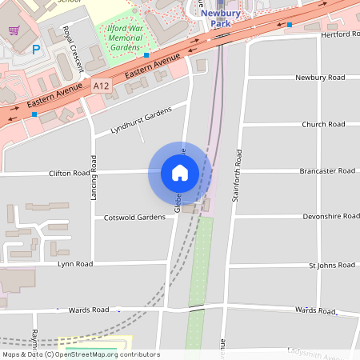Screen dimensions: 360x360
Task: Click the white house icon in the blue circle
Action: pos(180,173)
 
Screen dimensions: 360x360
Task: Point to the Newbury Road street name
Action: pos(320,78)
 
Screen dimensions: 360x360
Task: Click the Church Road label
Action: pos(323,124)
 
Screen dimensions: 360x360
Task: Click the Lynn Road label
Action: pos(75,263)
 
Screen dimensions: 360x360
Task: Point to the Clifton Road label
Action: pos(70,173)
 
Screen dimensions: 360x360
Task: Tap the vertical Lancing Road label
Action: pos(94,175)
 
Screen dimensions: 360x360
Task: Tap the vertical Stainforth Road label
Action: pos(237,175)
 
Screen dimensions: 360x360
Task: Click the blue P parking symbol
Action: pos(35,50)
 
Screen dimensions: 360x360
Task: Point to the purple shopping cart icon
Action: pos(14,30)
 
